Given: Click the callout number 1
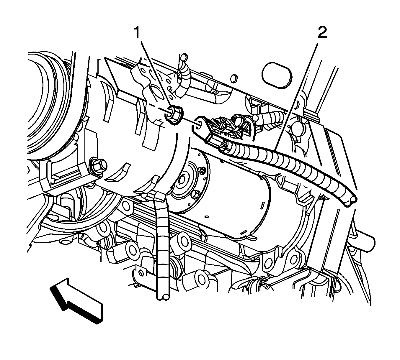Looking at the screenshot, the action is pos(137,33).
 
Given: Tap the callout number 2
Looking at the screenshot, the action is pos(322,33).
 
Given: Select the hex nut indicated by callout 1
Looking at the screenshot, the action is pos(174,115).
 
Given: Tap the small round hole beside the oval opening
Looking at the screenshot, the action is pos(234,79).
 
